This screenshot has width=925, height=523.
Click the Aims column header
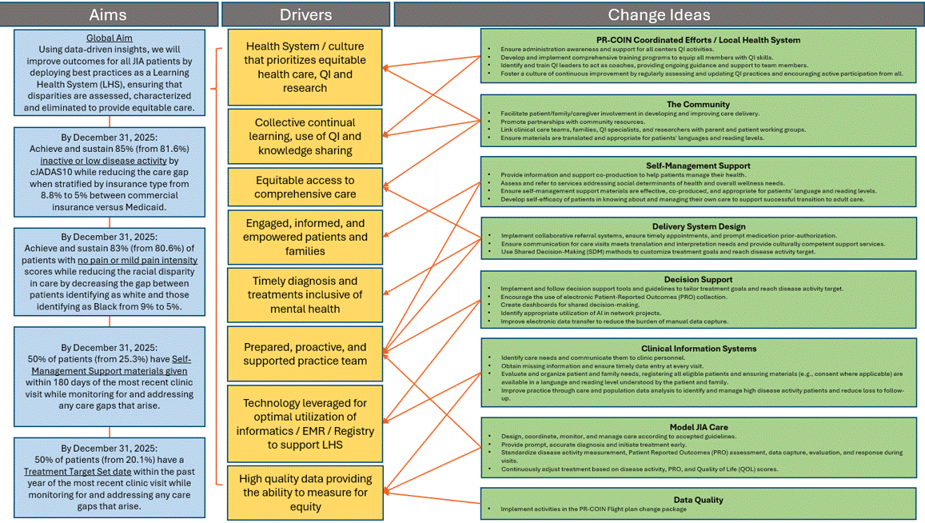click(109, 14)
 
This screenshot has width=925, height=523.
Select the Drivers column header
click(305, 14)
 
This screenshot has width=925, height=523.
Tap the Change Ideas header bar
click(658, 14)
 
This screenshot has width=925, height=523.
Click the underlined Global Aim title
click(110, 38)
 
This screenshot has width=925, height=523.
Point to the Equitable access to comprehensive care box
click(305, 187)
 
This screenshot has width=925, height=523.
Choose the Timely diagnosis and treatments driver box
click(305, 294)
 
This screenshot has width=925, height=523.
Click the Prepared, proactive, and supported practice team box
click(305, 354)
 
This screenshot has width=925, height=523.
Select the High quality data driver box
click(305, 493)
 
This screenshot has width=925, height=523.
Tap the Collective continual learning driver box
click(305, 136)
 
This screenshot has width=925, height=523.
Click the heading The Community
click(698, 104)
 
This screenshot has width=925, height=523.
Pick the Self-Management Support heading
click(698, 166)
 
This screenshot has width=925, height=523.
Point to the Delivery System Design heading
click(698, 226)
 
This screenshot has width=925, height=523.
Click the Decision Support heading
click(698, 280)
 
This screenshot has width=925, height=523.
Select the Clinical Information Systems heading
click(698, 349)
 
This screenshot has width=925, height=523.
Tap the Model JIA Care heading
click(698, 426)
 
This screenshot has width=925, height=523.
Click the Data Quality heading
click(698, 500)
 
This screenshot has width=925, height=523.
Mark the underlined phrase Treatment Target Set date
click(78, 472)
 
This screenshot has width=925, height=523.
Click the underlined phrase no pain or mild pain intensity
click(138, 260)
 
